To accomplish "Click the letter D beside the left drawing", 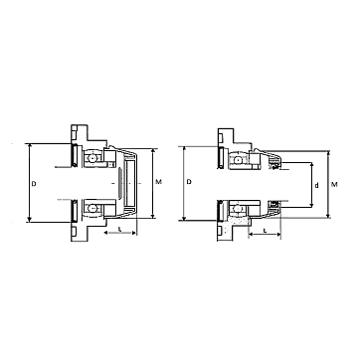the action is [x=34, y=183].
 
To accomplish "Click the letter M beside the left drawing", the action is [x=159, y=182].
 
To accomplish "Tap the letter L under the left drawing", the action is [x=119, y=230].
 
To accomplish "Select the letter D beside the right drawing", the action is [x=189, y=182].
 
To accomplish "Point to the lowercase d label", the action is [x=316, y=186].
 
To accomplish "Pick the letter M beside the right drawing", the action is [x=334, y=185].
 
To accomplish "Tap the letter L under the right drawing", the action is [x=265, y=231].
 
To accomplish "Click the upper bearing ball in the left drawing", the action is [x=92, y=157].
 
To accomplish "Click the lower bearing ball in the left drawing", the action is [x=92, y=209].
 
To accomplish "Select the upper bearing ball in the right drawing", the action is [x=238, y=160].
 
